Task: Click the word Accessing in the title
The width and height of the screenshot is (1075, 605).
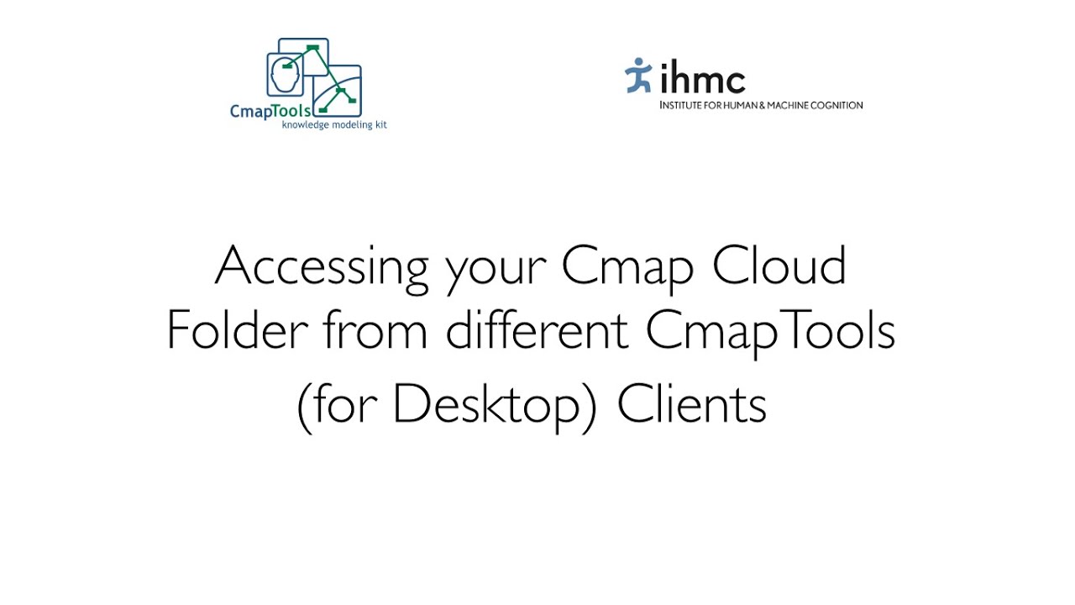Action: click(x=322, y=267)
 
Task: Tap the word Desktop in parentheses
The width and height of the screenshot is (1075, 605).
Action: click(x=487, y=407)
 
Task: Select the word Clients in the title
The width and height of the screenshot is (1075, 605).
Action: click(x=691, y=405)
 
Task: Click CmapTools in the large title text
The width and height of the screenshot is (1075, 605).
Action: click(x=770, y=332)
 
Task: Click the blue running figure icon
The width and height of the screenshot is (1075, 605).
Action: click(x=638, y=76)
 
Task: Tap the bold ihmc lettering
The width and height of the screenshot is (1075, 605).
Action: click(x=703, y=80)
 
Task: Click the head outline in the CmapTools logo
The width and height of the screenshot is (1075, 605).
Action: click(x=285, y=76)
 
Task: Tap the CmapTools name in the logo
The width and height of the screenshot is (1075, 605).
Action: click(x=270, y=110)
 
